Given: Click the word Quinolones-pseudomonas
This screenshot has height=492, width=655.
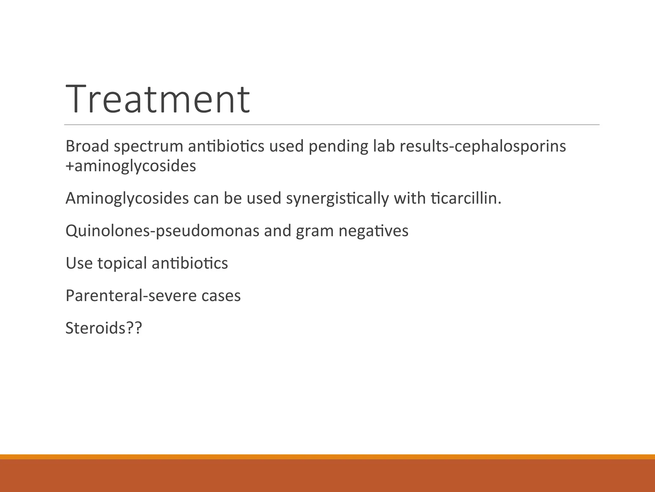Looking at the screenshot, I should click(162, 231).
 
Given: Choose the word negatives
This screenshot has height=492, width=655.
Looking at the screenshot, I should click(374, 231).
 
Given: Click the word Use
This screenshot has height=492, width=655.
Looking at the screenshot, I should click(79, 263).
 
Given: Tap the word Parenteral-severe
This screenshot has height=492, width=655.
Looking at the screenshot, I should click(131, 296).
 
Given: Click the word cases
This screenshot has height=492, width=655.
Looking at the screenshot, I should click(221, 296).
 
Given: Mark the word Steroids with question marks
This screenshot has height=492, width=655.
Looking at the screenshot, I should click(104, 328).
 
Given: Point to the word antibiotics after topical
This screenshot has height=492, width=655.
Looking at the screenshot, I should click(190, 263).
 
